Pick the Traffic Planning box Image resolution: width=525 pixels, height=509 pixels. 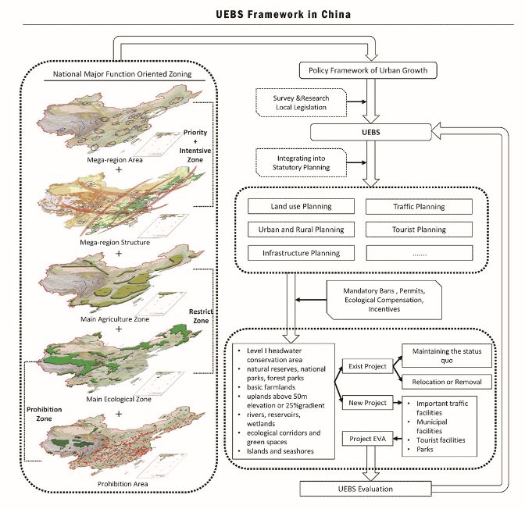point(418,207)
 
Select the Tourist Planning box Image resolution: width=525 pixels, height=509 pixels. point(418,230)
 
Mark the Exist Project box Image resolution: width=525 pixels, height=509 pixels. point(366,365)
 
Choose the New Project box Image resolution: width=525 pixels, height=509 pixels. point(366,403)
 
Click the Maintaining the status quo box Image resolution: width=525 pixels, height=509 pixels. point(446,354)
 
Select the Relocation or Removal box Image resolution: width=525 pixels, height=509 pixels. point(446,382)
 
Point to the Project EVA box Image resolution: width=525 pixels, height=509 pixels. point(366,439)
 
